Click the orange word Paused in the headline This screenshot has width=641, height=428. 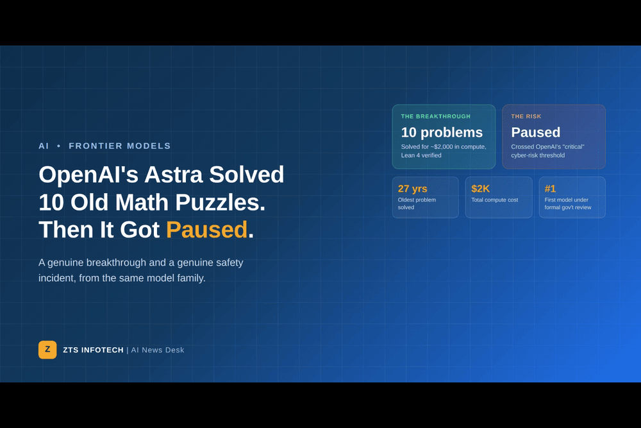(x=207, y=230)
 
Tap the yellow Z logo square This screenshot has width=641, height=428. (x=47, y=350)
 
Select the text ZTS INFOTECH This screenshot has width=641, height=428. (x=93, y=350)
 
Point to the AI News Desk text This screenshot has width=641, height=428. (x=158, y=350)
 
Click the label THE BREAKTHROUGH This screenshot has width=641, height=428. (x=436, y=117)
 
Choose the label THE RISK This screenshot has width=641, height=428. (x=526, y=117)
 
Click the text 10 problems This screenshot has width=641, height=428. (x=442, y=133)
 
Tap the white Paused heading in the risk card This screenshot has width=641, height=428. (x=535, y=133)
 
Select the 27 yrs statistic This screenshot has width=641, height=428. (x=412, y=189)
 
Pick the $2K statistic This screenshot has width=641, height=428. (x=480, y=189)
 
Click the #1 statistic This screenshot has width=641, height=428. (x=550, y=189)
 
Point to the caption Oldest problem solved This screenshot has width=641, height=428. (x=417, y=204)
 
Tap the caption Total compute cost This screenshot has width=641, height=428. (x=495, y=200)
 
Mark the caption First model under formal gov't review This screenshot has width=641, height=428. (x=568, y=204)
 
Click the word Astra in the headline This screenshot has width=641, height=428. (x=173, y=175)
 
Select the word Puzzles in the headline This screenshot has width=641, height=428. (x=221, y=203)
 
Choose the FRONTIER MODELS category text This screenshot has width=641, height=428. (x=120, y=146)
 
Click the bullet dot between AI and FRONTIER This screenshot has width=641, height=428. (x=59, y=146)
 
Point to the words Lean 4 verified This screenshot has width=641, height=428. (x=421, y=155)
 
